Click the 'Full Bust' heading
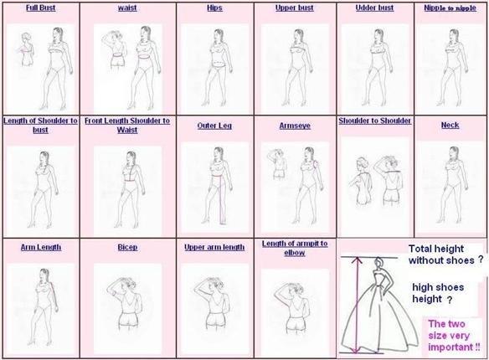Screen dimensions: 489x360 40,8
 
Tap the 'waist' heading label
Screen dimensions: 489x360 127,8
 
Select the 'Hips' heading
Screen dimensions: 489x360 214,8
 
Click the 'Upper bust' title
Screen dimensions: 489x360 295,8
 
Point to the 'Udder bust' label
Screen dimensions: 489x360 374,8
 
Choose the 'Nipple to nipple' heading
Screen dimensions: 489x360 450,8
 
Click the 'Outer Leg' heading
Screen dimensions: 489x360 214,126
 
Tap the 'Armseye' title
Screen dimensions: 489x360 295,126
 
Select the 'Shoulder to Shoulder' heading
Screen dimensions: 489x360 375,121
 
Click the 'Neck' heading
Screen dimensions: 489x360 450,125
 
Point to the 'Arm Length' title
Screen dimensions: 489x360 41,247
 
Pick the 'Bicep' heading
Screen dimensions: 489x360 127,247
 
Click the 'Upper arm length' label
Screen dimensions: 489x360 214,247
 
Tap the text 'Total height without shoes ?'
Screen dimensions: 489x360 446,255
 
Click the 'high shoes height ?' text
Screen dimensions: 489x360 438,293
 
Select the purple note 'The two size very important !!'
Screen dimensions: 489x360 454,336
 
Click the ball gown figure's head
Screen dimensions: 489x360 378,262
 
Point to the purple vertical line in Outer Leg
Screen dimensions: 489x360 221,199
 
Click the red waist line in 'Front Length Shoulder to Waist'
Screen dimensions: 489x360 131,181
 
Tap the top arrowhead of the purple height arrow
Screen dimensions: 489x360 357,259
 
